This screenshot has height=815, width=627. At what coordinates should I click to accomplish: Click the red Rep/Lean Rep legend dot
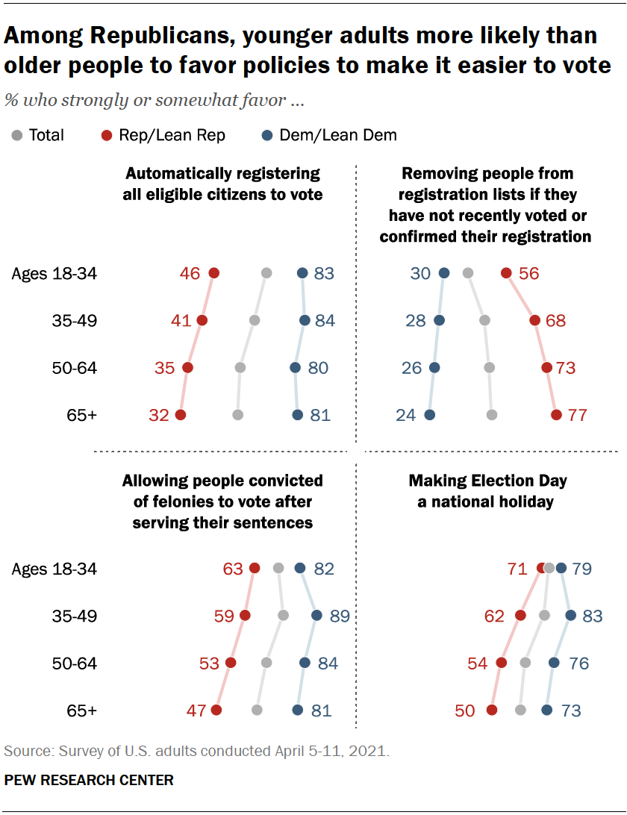(107, 135)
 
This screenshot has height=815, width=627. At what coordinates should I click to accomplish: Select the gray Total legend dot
(17, 135)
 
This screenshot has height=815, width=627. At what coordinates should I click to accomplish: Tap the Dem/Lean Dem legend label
(337, 135)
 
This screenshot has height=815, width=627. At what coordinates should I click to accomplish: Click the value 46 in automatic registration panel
(190, 274)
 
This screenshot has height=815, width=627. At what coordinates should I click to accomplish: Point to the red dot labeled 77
(556, 415)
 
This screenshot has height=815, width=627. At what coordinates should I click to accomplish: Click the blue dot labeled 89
(316, 616)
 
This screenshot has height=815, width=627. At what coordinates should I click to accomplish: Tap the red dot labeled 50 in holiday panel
(491, 711)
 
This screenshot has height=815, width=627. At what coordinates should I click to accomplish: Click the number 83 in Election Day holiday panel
(593, 616)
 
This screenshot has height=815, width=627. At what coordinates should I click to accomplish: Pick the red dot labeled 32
(180, 415)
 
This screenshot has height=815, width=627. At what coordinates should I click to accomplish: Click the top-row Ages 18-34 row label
(54, 274)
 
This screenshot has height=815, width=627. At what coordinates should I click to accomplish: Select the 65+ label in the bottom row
(82, 711)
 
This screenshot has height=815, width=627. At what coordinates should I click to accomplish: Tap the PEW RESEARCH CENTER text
(89, 780)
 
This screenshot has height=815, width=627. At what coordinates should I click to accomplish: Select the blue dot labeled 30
(444, 274)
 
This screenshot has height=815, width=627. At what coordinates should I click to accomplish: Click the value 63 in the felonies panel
(233, 569)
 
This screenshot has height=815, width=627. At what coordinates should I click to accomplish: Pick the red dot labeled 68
(534, 321)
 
